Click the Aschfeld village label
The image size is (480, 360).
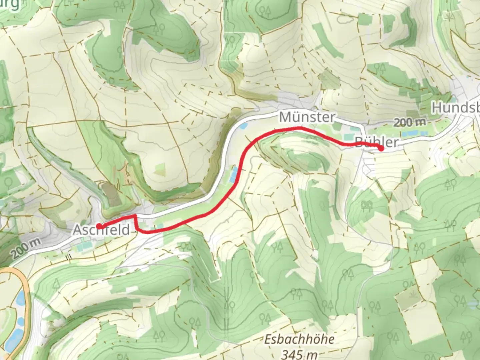point(101,230)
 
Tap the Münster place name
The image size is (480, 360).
point(307,117)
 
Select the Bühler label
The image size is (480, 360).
point(377,142)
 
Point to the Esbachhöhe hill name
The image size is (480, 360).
point(299,339)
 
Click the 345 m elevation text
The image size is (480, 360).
point(299,353)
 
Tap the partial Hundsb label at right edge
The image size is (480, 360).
point(456,108)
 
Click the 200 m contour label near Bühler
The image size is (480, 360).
point(410,122)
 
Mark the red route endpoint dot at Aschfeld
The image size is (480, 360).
point(99,226)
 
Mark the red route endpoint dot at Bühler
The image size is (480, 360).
point(381,149)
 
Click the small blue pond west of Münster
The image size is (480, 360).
point(244,126)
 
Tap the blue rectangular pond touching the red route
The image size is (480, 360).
point(234,173)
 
